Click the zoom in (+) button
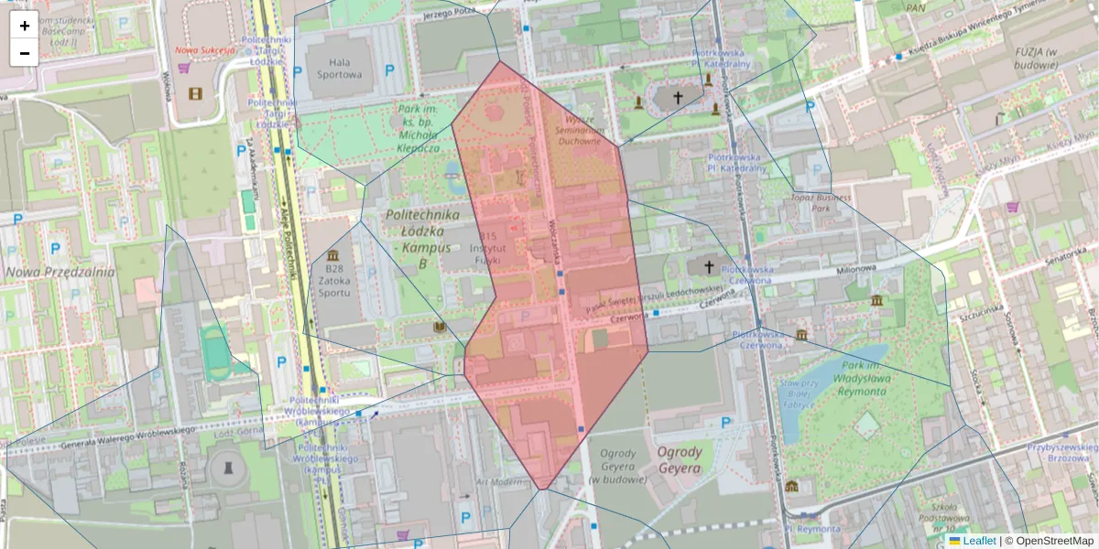[25, 26]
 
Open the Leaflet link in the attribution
[979, 541]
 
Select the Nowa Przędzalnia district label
[60, 272]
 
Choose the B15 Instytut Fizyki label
[486, 248]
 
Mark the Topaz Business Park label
[821, 203]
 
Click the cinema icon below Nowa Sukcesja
[195, 92]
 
